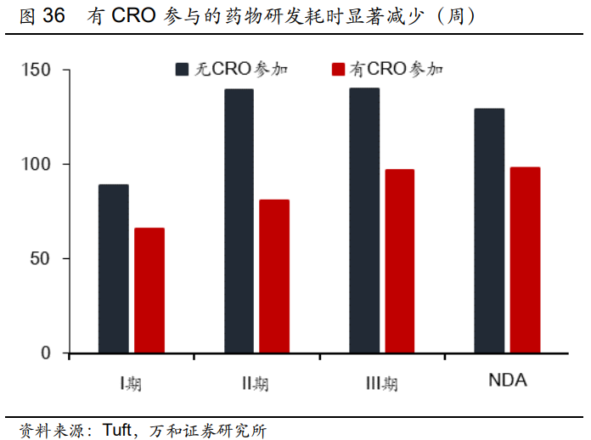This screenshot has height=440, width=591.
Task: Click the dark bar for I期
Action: [113, 268]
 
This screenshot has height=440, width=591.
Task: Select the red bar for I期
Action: [149, 291]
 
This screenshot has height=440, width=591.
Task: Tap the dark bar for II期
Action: [239, 221]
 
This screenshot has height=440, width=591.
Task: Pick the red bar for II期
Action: [274, 276]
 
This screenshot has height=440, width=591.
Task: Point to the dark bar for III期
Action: [364, 220]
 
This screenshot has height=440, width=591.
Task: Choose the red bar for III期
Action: [399, 261]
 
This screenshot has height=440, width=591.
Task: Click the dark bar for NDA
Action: [489, 230]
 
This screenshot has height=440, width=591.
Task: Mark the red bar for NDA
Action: [525, 260]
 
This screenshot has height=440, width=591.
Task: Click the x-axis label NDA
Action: [507, 381]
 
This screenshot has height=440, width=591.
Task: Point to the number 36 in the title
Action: [53, 15]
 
